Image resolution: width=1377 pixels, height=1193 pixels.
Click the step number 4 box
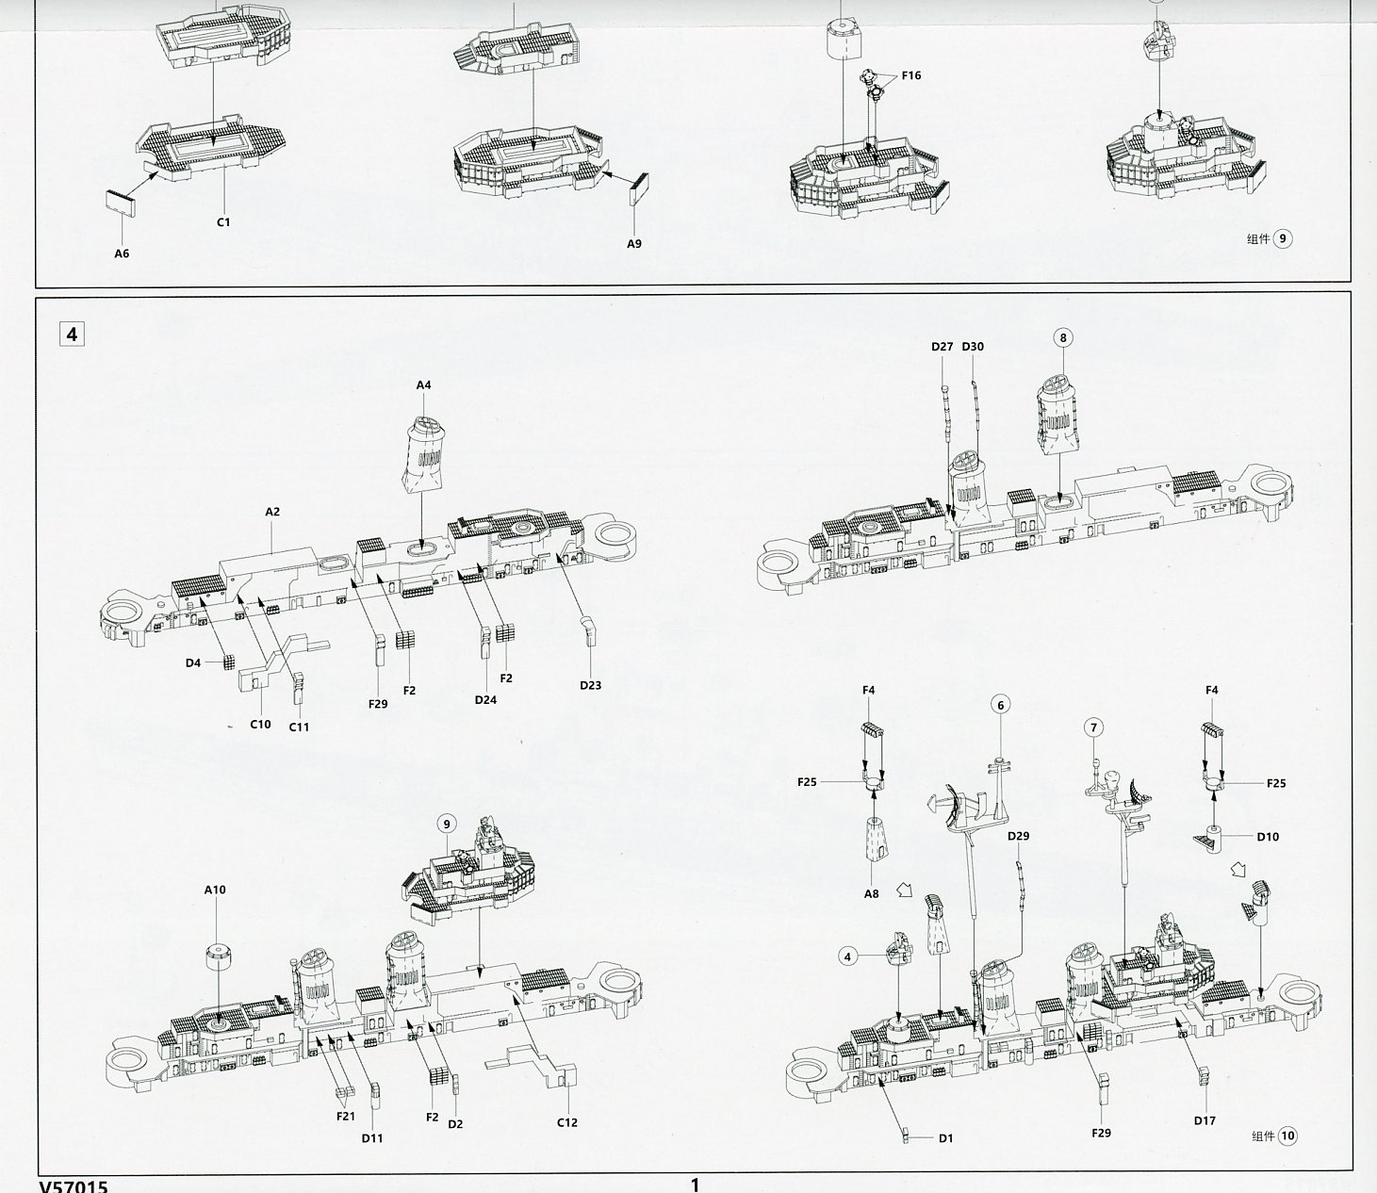pyautogui.click(x=72, y=333)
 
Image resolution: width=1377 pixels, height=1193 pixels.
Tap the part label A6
pyautogui.click(x=122, y=253)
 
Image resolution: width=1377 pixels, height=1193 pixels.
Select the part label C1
pyautogui.click(x=223, y=221)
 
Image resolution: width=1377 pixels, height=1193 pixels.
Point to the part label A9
pyautogui.click(x=634, y=244)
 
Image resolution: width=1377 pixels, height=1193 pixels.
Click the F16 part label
pyautogui.click(x=911, y=75)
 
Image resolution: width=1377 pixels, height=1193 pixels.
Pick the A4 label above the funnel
pyautogui.click(x=424, y=385)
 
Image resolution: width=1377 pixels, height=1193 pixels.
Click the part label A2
pyautogui.click(x=272, y=512)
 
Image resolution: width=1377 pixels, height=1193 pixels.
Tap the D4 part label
pyautogui.click(x=193, y=662)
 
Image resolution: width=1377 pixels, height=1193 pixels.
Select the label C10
pyautogui.click(x=260, y=724)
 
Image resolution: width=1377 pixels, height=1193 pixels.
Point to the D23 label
pyautogui.click(x=590, y=685)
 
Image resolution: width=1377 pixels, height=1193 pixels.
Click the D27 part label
pyautogui.click(x=942, y=347)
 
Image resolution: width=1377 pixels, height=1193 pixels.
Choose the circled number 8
pyautogui.click(x=1063, y=337)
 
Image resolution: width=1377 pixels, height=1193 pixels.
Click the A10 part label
pyautogui.click(x=215, y=890)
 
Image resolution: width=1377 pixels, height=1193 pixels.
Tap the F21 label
pyautogui.click(x=346, y=1117)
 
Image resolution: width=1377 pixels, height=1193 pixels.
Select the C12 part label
pyautogui.click(x=567, y=1122)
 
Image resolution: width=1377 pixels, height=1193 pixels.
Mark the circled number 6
pyautogui.click(x=1001, y=705)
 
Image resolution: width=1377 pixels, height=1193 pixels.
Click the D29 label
pyautogui.click(x=1019, y=836)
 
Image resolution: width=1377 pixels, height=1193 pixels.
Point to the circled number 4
pyautogui.click(x=847, y=957)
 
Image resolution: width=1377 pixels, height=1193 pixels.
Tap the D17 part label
pyautogui.click(x=1205, y=1121)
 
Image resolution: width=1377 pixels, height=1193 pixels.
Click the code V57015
pyautogui.click(x=74, y=1186)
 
